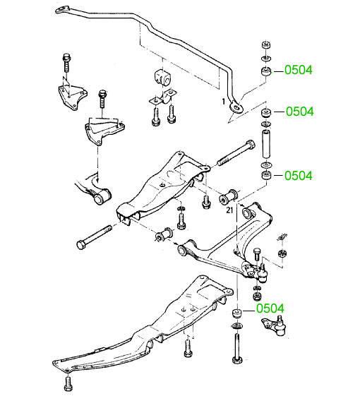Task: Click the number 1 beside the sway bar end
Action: click(x=223, y=102)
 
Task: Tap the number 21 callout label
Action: click(x=229, y=210)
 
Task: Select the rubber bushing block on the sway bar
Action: click(x=162, y=77)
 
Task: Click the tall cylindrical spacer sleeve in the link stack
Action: click(x=266, y=143)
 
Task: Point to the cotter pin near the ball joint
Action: click(x=282, y=238)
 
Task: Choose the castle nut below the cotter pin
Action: click(x=282, y=253)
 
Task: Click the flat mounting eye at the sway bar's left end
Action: click(x=62, y=10)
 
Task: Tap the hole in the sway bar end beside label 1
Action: click(x=236, y=108)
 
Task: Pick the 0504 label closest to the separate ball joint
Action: click(x=270, y=308)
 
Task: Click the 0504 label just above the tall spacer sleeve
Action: click(x=299, y=112)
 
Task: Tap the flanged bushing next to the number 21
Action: click(x=228, y=197)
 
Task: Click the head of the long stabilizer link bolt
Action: click(x=237, y=359)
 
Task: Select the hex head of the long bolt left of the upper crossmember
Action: click(x=81, y=245)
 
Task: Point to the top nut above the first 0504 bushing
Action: click(x=265, y=45)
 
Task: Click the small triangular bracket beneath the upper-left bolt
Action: click(x=72, y=97)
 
